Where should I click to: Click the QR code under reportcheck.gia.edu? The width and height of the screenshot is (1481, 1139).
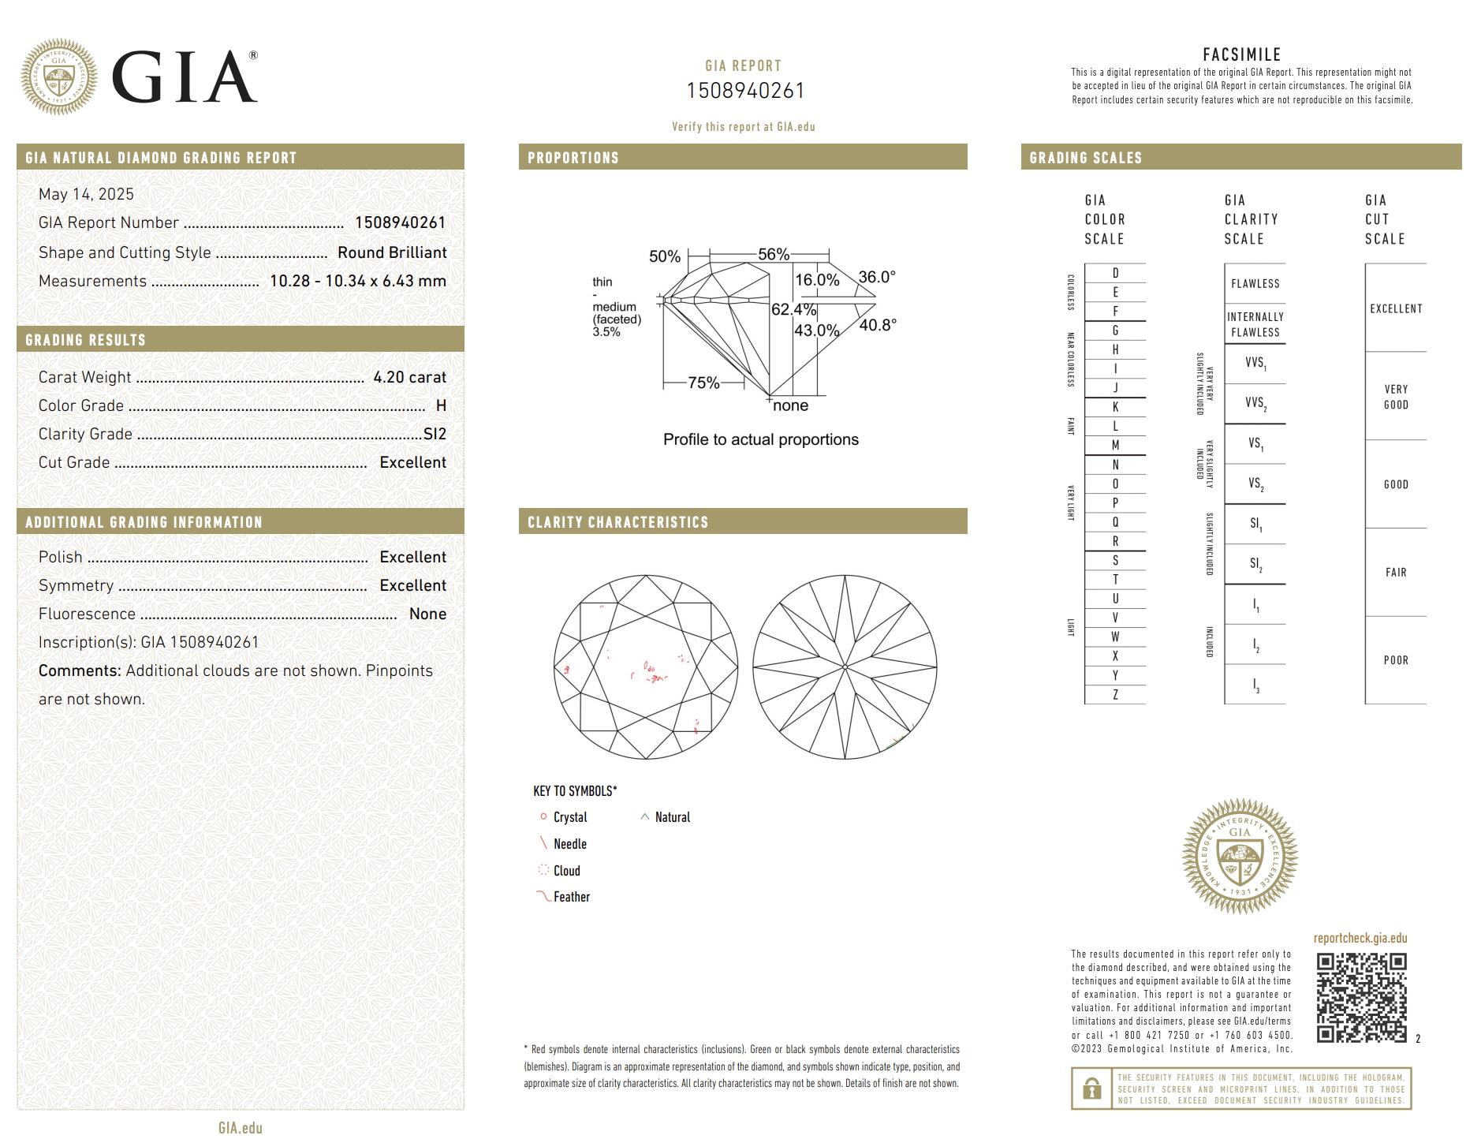click(x=1360, y=998)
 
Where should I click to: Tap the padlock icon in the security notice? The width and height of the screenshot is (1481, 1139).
click(x=1091, y=1089)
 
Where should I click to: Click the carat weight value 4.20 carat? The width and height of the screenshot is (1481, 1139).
click(x=409, y=377)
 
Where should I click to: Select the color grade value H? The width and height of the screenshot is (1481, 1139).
click(x=441, y=405)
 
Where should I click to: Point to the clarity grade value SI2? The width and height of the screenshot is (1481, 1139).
click(x=435, y=434)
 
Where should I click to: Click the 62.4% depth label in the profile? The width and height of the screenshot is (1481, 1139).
click(x=793, y=309)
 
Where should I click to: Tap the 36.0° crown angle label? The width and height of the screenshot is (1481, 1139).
click(x=877, y=277)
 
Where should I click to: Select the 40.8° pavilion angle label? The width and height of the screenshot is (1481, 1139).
click(x=877, y=325)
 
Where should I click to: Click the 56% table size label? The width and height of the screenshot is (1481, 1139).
click(x=773, y=254)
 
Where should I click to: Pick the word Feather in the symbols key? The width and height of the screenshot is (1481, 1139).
click(x=571, y=897)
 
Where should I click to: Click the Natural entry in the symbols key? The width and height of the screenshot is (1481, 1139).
click(x=672, y=817)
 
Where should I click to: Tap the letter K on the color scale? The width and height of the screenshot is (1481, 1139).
click(x=1115, y=407)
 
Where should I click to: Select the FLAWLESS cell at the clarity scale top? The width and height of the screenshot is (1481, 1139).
click(x=1255, y=284)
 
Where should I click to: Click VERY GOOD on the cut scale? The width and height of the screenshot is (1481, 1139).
click(x=1395, y=397)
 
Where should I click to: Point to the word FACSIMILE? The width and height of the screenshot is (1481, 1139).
click(x=1241, y=54)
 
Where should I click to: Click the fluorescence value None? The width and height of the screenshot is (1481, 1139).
click(x=427, y=614)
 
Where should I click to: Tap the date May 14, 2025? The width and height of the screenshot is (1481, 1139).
click(x=86, y=194)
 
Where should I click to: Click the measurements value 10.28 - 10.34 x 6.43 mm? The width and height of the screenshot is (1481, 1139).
click(x=357, y=281)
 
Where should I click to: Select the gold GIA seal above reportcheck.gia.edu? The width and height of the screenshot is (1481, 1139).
click(x=1239, y=856)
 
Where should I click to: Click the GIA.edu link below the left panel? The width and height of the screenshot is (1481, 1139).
click(x=240, y=1128)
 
